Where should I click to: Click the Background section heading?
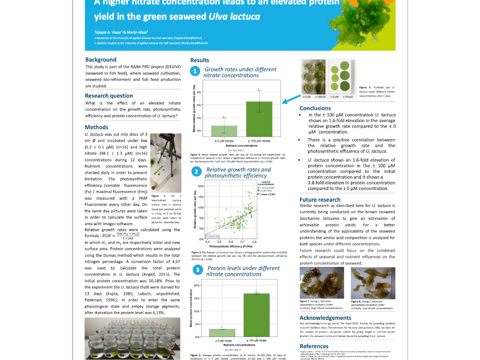point(101,60)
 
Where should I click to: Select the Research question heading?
point(109,96)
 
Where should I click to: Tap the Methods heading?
point(96,127)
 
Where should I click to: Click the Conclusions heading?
point(315,108)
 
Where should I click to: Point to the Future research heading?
point(320,200)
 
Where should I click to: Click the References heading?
point(314,346)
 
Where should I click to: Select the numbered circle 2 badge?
point(196,172)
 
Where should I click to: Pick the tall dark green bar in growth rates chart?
point(259,119)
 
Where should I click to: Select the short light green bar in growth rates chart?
point(224,131)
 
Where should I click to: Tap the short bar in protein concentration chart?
point(221,333)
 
